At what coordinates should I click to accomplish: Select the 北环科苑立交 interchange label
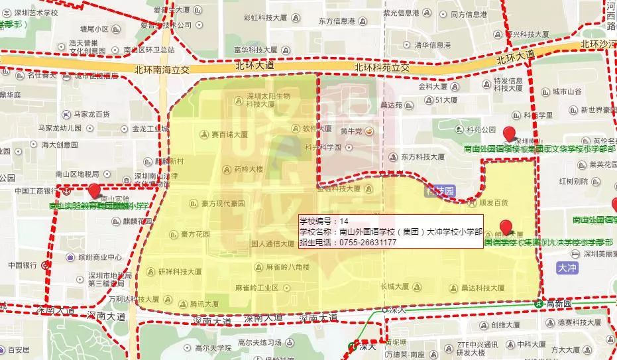click(x=381, y=68)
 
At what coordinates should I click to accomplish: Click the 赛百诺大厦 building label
click(x=229, y=135)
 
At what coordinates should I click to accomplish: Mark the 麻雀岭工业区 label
click(x=256, y=288)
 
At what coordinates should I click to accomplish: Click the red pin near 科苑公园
click(x=509, y=133)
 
